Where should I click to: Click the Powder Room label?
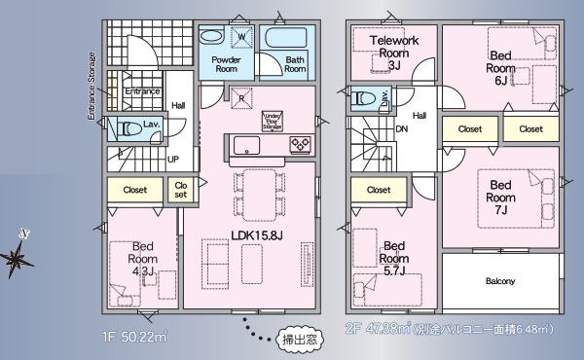[226, 64]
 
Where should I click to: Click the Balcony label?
[500, 282]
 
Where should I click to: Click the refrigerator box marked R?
[240, 97]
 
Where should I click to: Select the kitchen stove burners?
[301, 145]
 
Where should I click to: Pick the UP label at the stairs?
[173, 159]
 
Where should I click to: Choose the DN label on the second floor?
[400, 127]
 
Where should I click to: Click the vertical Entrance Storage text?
[93, 85]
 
